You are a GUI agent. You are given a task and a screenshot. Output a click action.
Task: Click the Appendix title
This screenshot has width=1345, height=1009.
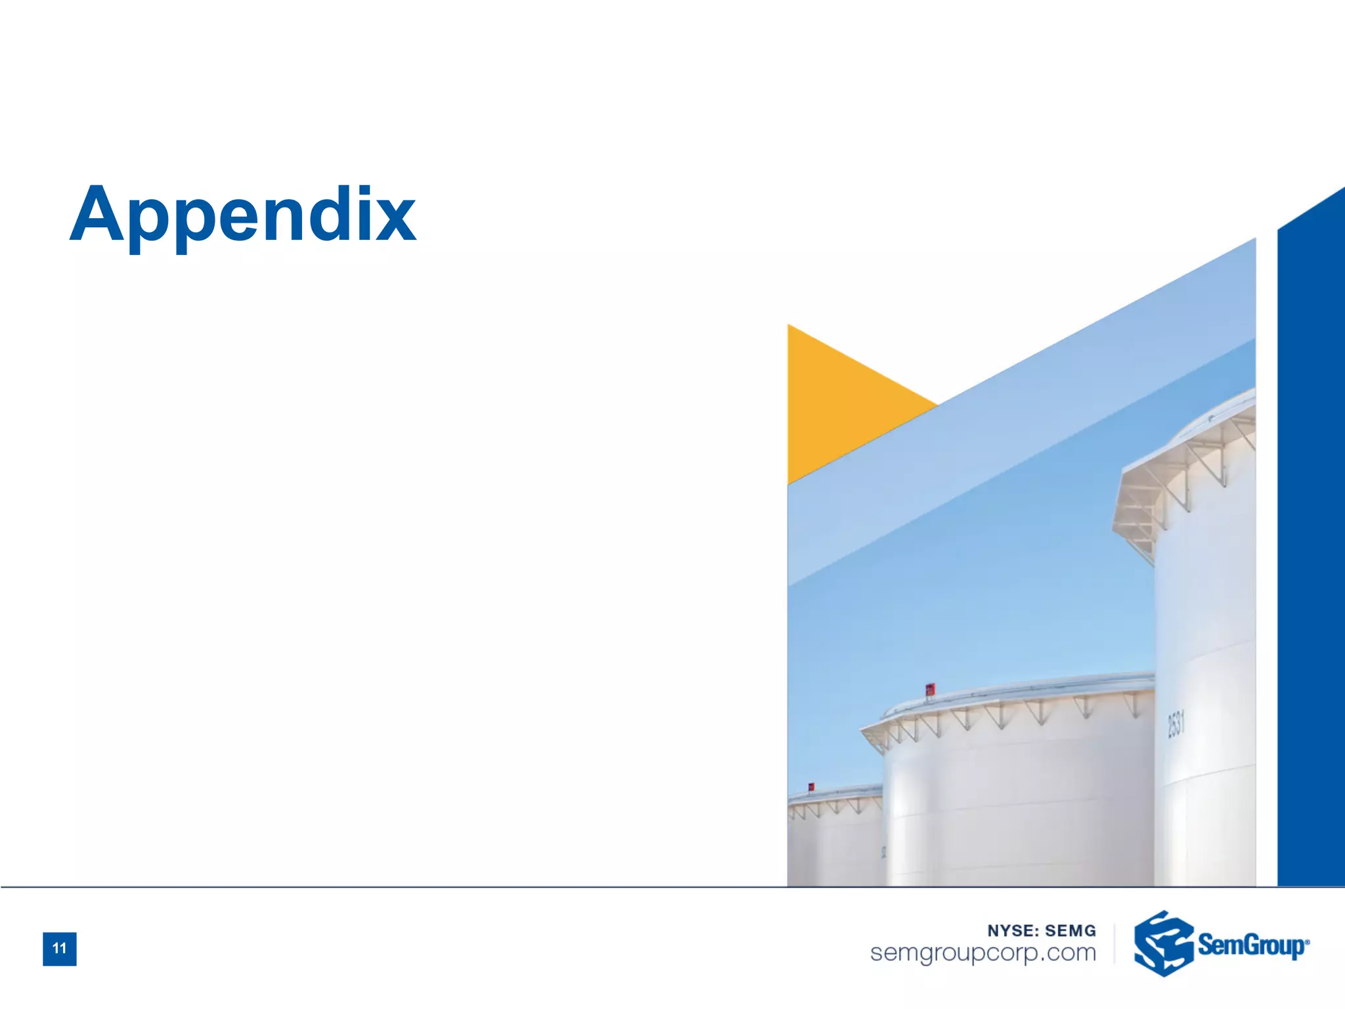point(242,215)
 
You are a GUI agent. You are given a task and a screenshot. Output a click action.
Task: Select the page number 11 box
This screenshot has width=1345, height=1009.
point(60,949)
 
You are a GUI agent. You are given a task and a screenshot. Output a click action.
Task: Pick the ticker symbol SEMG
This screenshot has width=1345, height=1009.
point(1070,931)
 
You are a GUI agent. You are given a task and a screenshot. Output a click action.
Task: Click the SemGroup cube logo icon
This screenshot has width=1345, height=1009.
point(1163,943)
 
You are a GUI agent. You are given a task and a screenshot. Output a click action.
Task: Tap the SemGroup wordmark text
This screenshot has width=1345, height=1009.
point(1250,945)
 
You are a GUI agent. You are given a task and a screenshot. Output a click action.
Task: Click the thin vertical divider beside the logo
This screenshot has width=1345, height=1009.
point(1115,943)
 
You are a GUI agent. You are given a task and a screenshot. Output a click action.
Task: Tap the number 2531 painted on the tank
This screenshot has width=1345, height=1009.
point(1176,725)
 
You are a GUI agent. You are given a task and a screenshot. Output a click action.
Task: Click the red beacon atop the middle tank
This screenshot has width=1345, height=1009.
point(930,689)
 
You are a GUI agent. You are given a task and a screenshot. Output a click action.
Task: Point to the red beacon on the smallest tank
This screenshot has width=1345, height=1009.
point(811,786)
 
